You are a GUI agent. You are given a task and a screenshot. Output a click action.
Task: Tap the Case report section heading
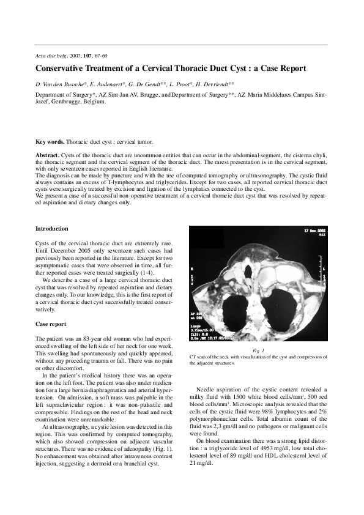[51, 324]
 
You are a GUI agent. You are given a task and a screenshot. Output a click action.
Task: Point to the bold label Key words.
[50, 142]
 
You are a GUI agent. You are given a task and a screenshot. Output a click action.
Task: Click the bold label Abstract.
[48, 156]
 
